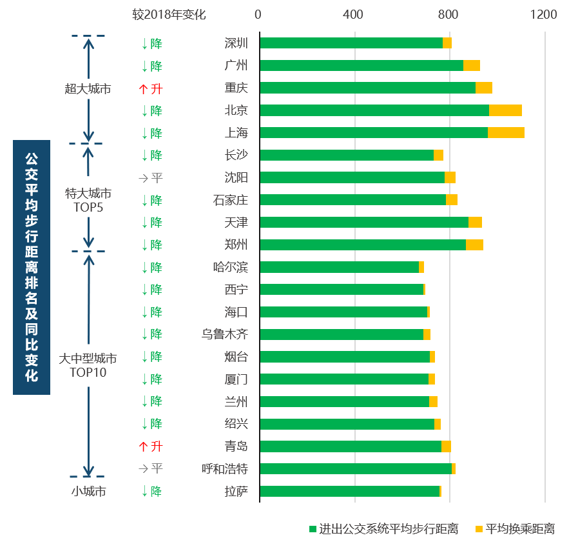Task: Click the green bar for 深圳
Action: pos(351,43)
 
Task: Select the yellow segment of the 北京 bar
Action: pos(505,110)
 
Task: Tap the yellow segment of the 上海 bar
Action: pos(506,133)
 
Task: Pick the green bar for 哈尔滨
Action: pos(339,267)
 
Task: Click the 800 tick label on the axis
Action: pos(448,14)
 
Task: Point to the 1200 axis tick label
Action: pos(543,14)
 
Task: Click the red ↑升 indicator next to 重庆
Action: pos(151,88)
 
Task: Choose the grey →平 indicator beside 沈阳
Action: pos(151,178)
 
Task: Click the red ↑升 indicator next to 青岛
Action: pos(151,446)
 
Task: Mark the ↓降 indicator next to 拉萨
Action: pos(151,491)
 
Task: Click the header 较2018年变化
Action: pos(169,14)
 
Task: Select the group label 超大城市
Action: pos(88,88)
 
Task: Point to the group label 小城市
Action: pos(88,491)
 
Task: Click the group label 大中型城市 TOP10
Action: pos(88,365)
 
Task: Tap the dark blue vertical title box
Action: pos(31,267)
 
